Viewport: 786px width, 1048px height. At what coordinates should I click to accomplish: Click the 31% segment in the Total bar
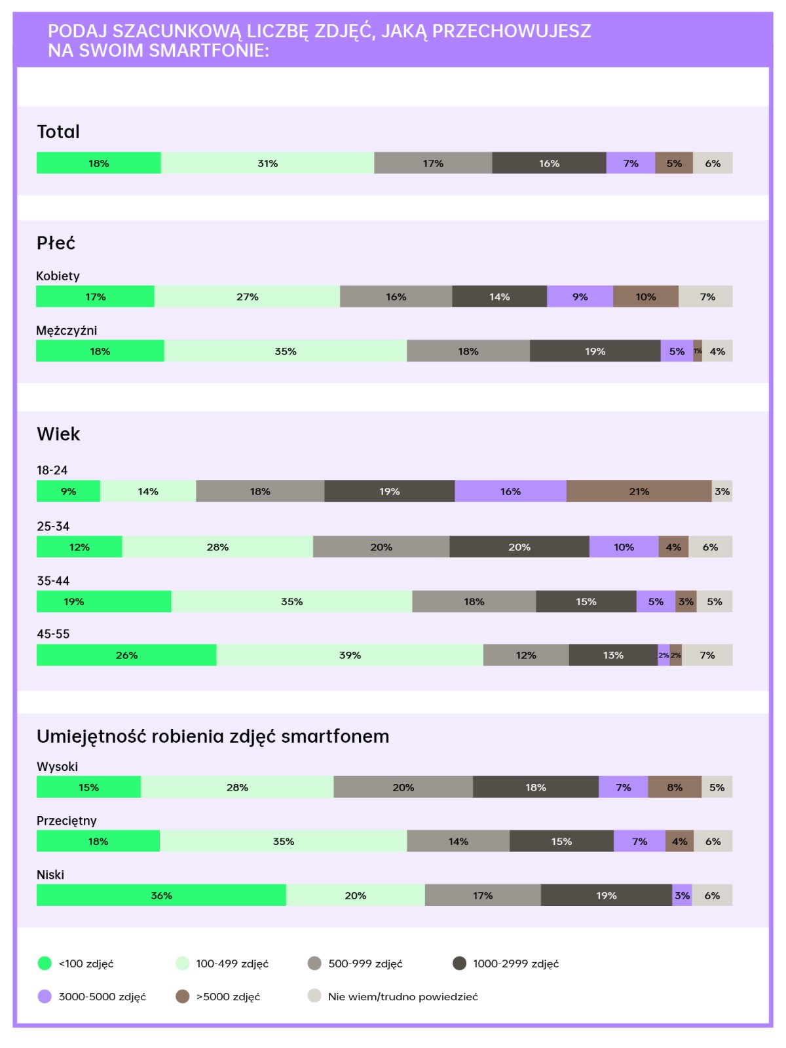pyautogui.click(x=267, y=163)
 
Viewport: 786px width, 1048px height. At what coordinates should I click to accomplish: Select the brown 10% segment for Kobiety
pyautogui.click(x=645, y=297)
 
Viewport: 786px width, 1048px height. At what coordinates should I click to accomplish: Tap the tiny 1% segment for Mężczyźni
pyautogui.click(x=698, y=351)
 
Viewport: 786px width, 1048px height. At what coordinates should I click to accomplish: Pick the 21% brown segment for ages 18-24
pyautogui.click(x=639, y=491)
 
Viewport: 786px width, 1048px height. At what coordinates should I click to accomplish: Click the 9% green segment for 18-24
pyautogui.click(x=68, y=491)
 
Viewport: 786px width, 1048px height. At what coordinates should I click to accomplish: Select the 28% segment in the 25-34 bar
pyautogui.click(x=217, y=547)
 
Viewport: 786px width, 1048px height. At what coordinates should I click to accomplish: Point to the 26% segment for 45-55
pyautogui.click(x=126, y=655)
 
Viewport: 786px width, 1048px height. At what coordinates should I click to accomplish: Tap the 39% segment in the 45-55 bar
pyautogui.click(x=350, y=655)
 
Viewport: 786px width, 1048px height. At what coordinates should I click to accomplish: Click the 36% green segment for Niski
pyautogui.click(x=161, y=895)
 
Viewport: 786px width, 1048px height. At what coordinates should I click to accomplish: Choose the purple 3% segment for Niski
pyautogui.click(x=682, y=895)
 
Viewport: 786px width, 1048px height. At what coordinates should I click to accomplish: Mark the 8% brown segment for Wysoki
pyautogui.click(x=674, y=787)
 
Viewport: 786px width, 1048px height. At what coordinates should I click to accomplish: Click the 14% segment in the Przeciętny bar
pyautogui.click(x=458, y=841)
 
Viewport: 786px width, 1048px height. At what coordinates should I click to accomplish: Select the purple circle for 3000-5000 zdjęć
pyautogui.click(x=45, y=996)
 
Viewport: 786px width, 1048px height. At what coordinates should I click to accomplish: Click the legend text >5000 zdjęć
pyautogui.click(x=228, y=996)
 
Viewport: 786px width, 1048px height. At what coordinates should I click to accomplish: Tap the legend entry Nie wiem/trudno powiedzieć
pyautogui.click(x=403, y=996)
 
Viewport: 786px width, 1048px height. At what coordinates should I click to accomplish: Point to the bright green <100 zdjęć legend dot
pyautogui.click(x=45, y=963)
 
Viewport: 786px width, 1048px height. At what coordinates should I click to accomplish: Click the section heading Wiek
pyautogui.click(x=58, y=434)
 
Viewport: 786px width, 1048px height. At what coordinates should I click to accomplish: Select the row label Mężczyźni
pyautogui.click(x=66, y=330)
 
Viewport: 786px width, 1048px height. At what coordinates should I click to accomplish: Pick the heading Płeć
pyautogui.click(x=56, y=243)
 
